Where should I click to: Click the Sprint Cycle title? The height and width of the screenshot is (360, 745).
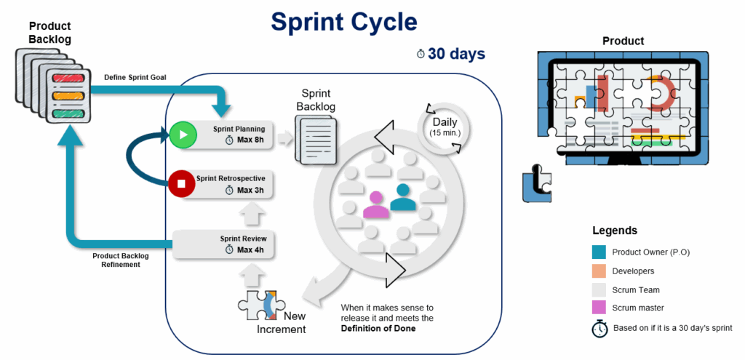click(344, 22)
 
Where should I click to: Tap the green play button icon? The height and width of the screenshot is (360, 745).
click(183, 135)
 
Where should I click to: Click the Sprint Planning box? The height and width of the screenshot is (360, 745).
click(233, 135)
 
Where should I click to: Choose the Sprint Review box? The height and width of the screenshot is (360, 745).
click(233, 244)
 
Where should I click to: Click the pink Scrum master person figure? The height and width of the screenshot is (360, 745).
click(376, 204)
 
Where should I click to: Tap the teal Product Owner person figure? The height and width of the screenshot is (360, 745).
click(402, 197)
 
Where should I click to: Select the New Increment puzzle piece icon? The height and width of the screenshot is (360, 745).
click(259, 304)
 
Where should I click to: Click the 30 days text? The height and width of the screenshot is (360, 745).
click(456, 54)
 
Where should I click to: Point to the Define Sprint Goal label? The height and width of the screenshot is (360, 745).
click(136, 76)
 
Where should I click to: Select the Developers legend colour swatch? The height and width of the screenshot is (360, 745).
click(599, 271)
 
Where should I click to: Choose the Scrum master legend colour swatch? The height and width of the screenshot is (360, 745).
click(599, 308)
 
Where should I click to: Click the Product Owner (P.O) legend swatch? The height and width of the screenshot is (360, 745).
click(599, 252)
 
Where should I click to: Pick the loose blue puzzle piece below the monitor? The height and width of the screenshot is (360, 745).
click(537, 187)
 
